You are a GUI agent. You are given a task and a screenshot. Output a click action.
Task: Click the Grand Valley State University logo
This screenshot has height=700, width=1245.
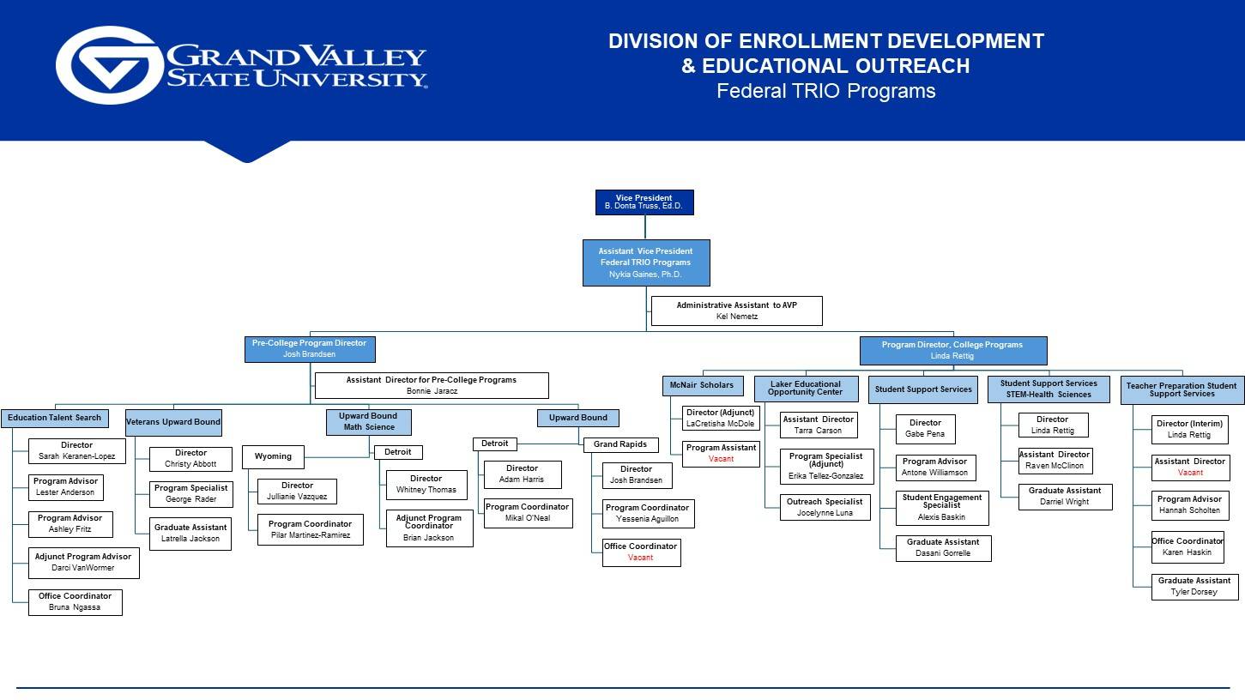[x=241, y=66]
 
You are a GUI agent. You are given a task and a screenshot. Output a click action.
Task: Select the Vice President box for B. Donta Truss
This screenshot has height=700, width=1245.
[x=644, y=202]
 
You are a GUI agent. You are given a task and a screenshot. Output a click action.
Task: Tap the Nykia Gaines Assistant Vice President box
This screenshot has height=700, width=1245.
[x=645, y=262]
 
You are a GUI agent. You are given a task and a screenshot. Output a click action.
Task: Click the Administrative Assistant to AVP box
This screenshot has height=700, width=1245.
[x=736, y=311]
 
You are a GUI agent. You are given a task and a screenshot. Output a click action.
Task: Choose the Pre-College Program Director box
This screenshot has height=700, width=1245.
[x=309, y=348]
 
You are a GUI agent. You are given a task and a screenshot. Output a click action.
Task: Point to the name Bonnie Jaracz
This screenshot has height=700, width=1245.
[x=432, y=391]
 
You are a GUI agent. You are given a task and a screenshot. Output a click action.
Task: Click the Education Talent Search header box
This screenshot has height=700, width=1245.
[x=55, y=418]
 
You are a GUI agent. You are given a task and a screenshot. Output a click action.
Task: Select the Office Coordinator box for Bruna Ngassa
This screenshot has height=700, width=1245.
[x=75, y=602]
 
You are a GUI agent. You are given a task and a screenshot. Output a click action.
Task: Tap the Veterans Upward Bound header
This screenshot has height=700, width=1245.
[x=173, y=422]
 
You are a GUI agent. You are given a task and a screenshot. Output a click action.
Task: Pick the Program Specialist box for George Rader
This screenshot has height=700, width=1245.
[x=190, y=494]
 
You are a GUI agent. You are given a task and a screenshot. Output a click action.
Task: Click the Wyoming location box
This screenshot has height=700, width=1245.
[x=273, y=456]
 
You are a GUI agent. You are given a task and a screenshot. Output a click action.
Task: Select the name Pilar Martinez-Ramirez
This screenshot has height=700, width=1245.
[x=310, y=535]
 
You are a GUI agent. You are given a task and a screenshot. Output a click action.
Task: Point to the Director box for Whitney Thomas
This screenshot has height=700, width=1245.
[x=426, y=485]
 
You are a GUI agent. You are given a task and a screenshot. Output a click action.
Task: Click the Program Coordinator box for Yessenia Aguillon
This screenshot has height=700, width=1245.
[x=647, y=513]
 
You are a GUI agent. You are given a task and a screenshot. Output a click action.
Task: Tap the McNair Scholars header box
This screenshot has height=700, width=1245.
[x=702, y=385]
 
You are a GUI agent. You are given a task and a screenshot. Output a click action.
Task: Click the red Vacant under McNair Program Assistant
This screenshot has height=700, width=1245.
[x=721, y=459]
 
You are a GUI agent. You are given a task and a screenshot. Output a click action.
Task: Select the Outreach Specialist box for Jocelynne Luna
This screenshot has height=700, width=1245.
[x=825, y=507]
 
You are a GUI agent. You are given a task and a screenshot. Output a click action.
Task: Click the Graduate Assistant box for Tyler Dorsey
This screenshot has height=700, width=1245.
[x=1194, y=587]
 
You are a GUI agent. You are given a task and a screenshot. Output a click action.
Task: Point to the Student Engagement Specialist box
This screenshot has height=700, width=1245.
[x=941, y=508]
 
